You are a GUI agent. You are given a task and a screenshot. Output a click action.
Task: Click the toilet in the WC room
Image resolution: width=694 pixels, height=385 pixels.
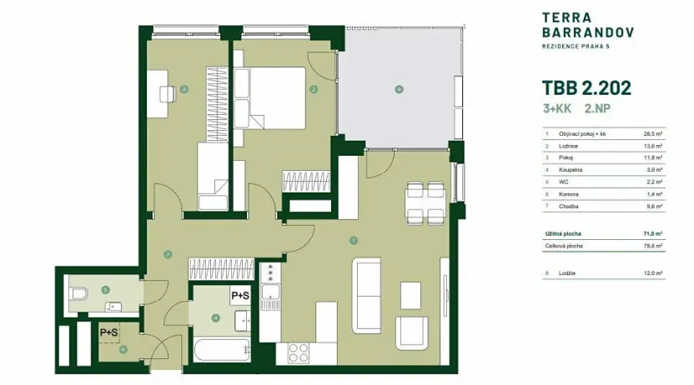pyautogui.click(x=77, y=293)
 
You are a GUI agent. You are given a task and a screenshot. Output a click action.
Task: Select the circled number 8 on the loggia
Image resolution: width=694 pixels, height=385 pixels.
pyautogui.click(x=399, y=89)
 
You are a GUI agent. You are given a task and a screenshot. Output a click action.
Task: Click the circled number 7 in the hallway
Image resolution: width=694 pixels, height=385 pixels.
pyautogui.click(x=168, y=254)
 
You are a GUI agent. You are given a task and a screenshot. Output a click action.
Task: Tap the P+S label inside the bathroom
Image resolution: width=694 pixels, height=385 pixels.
pyautogui.click(x=240, y=295)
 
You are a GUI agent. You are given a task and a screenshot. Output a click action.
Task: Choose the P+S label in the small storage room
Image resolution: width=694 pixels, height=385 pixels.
pyautogui.click(x=108, y=332)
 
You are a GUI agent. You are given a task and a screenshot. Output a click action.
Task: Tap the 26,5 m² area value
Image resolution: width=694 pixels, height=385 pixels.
pyautogui.click(x=652, y=133)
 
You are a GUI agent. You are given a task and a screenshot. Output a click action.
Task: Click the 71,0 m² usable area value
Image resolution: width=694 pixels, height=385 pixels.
pyautogui.click(x=652, y=234)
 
